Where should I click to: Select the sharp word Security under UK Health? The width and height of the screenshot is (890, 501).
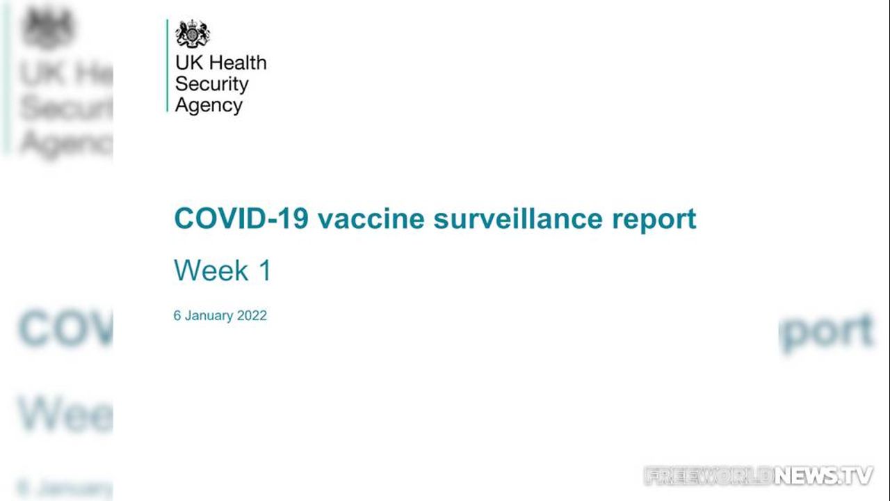tap(212, 84)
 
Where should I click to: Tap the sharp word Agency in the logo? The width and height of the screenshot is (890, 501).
tap(209, 105)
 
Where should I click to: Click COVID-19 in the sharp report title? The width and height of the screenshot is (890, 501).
tap(241, 218)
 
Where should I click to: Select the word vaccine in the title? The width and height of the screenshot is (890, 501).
tap(371, 219)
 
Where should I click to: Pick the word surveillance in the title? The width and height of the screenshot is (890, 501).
tap(518, 218)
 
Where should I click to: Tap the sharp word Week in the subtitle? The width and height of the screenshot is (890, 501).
tap(211, 270)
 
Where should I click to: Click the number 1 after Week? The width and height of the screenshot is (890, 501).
tap(265, 270)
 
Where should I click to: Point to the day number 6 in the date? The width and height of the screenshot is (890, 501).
tap(177, 315)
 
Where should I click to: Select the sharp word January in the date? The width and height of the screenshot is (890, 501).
tap(209, 316)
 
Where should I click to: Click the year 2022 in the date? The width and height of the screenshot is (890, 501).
tap(252, 315)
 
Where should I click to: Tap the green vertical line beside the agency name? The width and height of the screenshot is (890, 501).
tap(168, 65)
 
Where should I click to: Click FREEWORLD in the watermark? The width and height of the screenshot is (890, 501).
tap(709, 475)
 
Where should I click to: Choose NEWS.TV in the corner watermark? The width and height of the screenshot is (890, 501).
tap(823, 475)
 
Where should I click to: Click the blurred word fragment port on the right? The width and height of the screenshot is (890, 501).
tap(827, 332)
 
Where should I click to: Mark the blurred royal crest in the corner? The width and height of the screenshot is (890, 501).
tap(48, 28)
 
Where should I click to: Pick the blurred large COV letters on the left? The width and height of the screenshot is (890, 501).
tap(66, 328)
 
